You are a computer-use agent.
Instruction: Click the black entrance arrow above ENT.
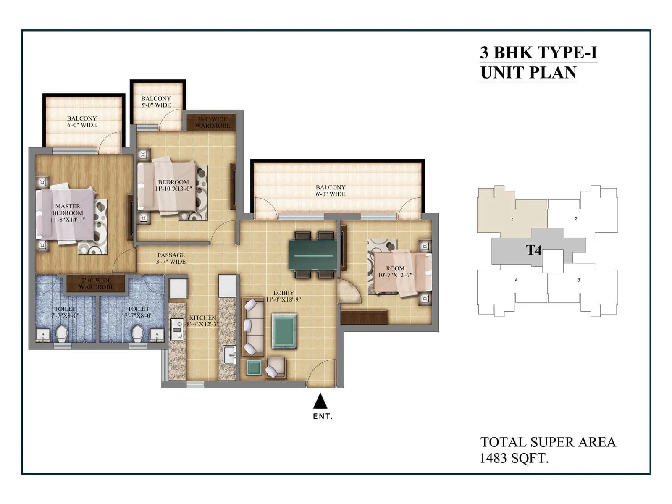(320, 401)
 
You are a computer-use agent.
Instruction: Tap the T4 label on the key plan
(534, 250)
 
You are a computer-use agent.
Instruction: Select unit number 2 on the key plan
(575, 219)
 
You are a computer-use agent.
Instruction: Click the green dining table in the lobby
(312, 255)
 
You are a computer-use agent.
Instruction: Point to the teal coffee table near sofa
(284, 331)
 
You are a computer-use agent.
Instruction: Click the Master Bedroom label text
(68, 213)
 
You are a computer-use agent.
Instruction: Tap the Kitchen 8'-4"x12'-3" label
(202, 321)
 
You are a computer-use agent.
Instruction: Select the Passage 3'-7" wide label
(171, 258)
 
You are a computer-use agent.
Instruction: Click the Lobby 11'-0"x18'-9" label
(283, 296)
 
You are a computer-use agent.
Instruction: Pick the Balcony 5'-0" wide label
(156, 102)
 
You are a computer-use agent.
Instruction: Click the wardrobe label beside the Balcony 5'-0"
(213, 122)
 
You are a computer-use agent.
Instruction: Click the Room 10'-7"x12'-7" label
(395, 272)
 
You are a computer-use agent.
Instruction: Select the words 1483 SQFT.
(514, 458)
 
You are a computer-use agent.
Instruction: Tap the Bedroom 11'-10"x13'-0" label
(173, 185)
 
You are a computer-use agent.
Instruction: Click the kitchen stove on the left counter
(176, 329)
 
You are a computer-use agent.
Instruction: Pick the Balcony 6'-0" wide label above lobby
(331, 191)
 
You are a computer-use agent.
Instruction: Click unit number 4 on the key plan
(516, 280)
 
